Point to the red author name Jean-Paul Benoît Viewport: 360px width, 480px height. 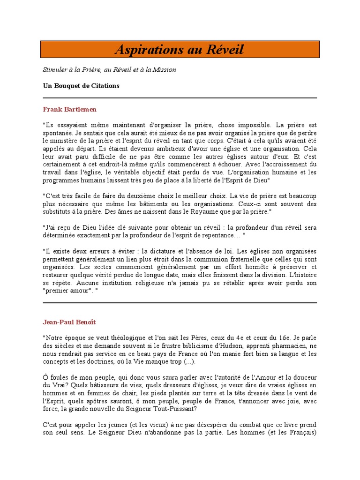pyautogui.click(x=69, y=322)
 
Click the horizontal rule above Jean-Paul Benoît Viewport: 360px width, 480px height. pyautogui.click(x=180, y=303)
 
